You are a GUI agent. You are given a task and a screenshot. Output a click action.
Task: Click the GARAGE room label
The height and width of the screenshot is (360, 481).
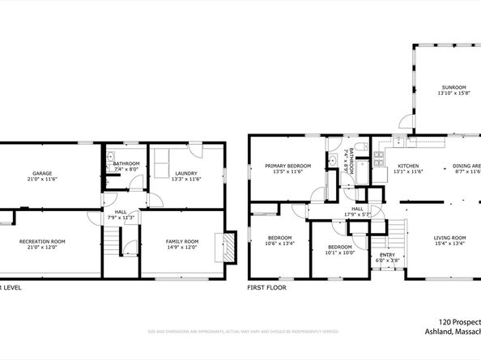pyautogui.click(x=42, y=173)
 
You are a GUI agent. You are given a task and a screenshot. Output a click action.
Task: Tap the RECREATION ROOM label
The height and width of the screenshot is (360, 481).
pyautogui.click(x=42, y=241)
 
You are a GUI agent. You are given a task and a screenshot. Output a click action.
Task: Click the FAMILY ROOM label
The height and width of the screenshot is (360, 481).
pyautogui.click(x=182, y=241)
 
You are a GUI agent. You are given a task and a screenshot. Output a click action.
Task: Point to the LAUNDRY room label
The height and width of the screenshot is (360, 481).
pyautogui.click(x=186, y=172)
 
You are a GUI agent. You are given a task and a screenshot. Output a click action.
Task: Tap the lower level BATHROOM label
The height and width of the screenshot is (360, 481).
pyautogui.click(x=126, y=163)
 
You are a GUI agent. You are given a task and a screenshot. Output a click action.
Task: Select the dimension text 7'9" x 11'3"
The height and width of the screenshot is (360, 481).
pyautogui.click(x=121, y=218)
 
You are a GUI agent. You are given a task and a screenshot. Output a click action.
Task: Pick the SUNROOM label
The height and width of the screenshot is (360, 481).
pyautogui.click(x=453, y=87)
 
